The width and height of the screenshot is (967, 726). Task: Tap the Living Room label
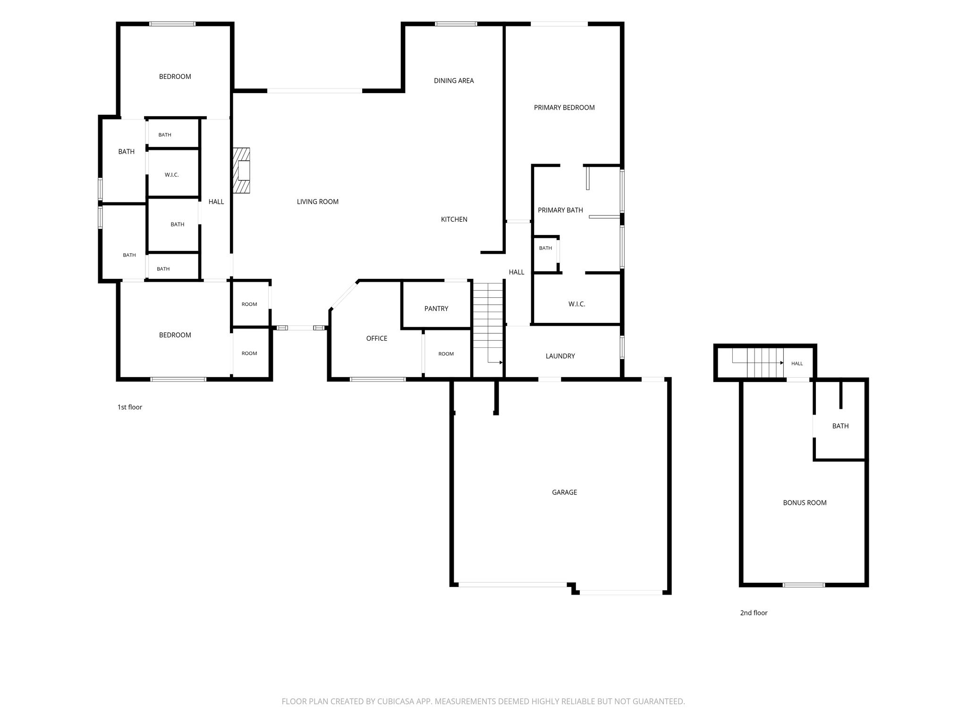(318, 202)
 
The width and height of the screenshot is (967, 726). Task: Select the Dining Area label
(454, 81)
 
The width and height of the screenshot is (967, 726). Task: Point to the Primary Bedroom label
(564, 108)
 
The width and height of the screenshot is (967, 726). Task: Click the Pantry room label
(436, 309)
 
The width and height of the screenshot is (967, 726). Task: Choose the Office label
(377, 338)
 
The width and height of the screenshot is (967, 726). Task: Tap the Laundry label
(560, 356)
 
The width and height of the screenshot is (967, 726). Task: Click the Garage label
(565, 493)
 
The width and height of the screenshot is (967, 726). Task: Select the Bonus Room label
(805, 503)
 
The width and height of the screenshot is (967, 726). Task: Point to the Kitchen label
(454, 219)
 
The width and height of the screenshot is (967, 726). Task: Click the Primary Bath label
(560, 210)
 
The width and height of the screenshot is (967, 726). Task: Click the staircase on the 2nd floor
(758, 363)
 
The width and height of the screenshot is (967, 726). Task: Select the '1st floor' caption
(130, 407)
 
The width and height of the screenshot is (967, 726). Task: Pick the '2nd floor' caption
(754, 613)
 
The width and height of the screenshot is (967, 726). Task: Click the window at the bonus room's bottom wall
(804, 585)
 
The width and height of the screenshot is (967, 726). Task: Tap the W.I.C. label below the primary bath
(577, 304)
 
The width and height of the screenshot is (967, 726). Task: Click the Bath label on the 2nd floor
(840, 426)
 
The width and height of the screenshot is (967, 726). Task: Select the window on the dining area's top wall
(456, 24)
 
